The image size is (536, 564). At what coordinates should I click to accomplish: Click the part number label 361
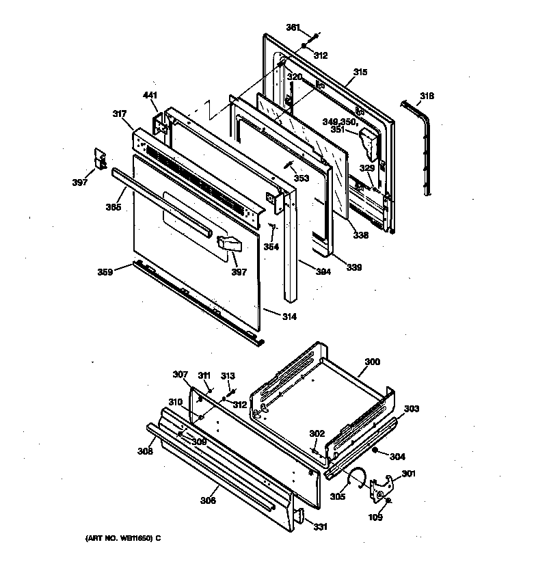(293, 28)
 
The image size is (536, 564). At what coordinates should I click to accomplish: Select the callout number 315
(360, 72)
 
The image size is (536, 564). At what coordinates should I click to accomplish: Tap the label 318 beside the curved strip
(427, 96)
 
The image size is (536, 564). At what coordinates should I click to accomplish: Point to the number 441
(150, 96)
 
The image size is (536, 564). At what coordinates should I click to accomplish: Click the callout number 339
(353, 267)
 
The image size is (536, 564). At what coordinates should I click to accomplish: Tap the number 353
(301, 178)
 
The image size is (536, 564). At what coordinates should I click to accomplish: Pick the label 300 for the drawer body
(372, 362)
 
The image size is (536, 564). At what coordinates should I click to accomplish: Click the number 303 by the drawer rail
(412, 409)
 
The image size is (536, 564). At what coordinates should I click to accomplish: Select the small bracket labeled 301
(378, 487)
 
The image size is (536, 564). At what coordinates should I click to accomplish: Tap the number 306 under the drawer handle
(208, 501)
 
